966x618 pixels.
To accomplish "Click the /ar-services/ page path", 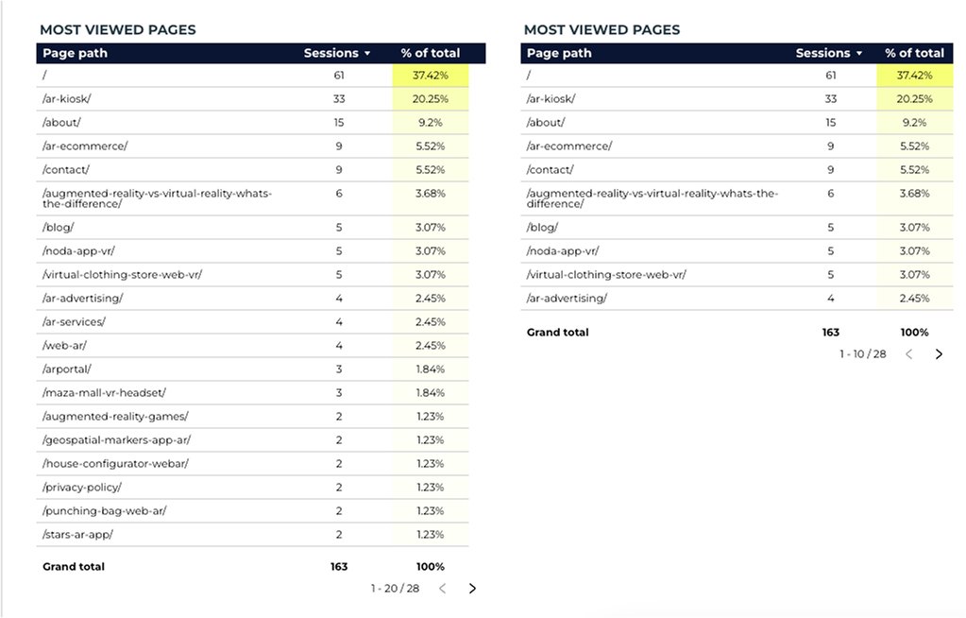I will click(74, 321).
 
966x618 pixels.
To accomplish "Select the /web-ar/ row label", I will click(64, 345).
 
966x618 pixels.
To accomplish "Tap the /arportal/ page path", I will click(67, 369).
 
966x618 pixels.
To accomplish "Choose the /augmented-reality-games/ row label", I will click(115, 416).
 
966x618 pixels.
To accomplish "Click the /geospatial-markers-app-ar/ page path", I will click(116, 439).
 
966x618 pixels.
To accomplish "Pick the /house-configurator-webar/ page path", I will click(115, 463).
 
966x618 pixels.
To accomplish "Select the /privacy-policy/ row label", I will click(82, 487).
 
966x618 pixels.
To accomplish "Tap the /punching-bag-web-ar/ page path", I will click(105, 510).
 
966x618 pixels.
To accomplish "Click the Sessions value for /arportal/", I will click(338, 369).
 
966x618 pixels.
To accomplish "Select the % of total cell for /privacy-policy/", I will click(431, 487).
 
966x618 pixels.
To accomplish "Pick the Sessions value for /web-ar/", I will click(338, 345).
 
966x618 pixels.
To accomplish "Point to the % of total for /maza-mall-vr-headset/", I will click(431, 392).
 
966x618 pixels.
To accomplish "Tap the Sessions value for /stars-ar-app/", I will click(338, 534).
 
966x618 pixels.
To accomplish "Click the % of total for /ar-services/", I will click(431, 321).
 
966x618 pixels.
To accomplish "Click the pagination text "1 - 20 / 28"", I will click(395, 588).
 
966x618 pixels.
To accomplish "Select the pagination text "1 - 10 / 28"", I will click(863, 353).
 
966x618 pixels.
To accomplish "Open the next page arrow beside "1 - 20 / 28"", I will click(472, 588).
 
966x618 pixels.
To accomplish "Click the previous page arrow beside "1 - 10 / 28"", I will click(909, 353).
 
